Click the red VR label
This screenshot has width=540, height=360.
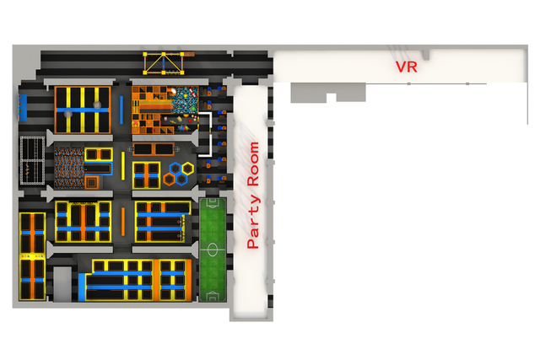tap(407, 67)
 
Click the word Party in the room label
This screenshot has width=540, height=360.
tap(253, 223)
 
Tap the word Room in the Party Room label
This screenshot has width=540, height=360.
tap(253, 164)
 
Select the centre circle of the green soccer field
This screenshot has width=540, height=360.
tap(213, 250)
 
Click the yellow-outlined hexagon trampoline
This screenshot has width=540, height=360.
tap(187, 169)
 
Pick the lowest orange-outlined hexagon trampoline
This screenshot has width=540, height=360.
tap(169, 180)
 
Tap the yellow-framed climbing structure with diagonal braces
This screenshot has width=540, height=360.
tap(164, 63)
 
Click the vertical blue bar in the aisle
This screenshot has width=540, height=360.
tap(121, 110)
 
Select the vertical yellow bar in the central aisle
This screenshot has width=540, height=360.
tap(123, 165)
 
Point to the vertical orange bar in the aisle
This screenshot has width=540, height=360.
tap(123, 222)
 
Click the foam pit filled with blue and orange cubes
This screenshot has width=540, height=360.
tap(69, 169)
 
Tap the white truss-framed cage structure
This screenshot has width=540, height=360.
tap(32, 160)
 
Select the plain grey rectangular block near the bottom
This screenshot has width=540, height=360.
tap(62, 284)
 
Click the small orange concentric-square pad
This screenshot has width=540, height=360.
tap(92, 182)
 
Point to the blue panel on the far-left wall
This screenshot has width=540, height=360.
tap(23, 107)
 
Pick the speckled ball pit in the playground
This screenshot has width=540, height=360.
tap(184, 100)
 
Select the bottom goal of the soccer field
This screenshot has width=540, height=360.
tap(213, 298)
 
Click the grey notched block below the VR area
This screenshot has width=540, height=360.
tap(328, 92)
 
